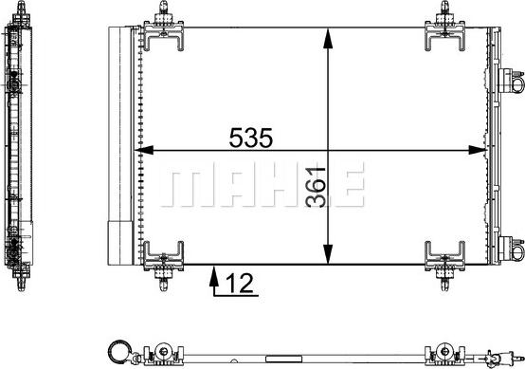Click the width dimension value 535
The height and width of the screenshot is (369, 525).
click(251, 138)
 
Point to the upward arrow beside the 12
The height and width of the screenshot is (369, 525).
click(213, 282)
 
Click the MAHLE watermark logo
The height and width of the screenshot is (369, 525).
click(262, 184)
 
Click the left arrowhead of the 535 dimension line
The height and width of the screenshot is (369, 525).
click(144, 151)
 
